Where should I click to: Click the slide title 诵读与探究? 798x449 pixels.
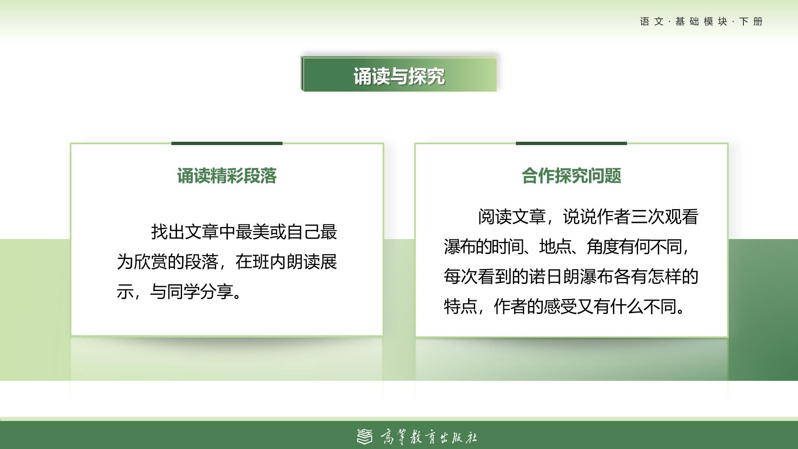click(x=399, y=76)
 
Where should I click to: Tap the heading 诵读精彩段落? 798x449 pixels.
click(x=227, y=176)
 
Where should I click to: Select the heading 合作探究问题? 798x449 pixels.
click(x=571, y=176)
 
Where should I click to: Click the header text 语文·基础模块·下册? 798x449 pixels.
click(x=701, y=22)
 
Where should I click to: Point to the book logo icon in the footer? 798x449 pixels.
click(x=365, y=437)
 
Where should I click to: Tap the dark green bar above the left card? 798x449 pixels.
click(x=227, y=143)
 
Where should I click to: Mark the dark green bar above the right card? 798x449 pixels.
click(x=571, y=143)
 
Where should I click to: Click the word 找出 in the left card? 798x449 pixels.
click(x=167, y=232)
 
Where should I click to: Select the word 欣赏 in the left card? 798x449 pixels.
click(x=150, y=262)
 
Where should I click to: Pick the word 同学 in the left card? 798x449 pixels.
click(x=183, y=292)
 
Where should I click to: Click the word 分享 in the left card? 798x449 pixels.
click(x=217, y=292)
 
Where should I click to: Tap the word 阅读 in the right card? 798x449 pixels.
click(x=495, y=217)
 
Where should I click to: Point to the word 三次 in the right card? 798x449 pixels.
click(x=648, y=217)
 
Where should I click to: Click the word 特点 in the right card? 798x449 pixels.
click(x=461, y=307)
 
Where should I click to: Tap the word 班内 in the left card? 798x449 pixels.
click(x=269, y=262)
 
